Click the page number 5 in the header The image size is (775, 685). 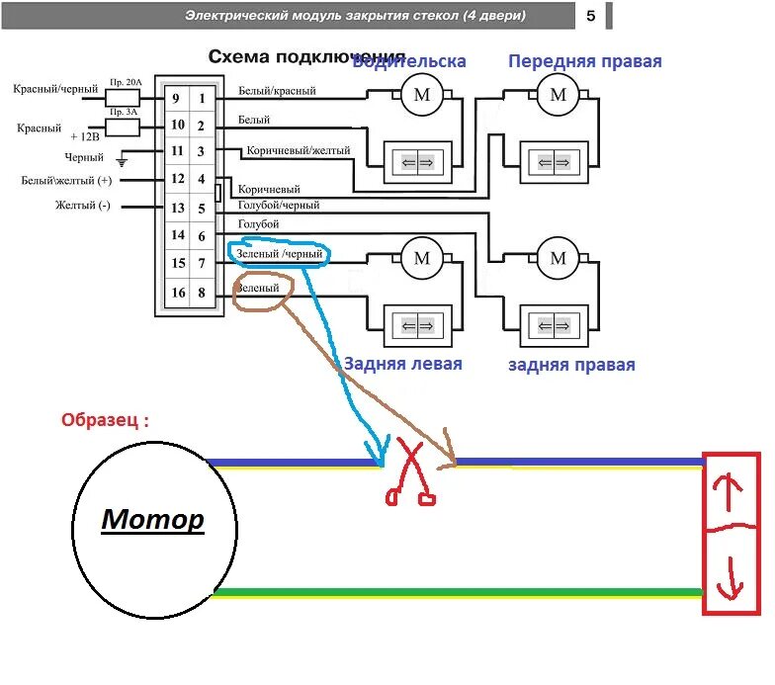590,16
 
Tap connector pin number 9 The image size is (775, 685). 177,98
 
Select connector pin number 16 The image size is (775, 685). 177,292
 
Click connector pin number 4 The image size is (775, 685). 201,180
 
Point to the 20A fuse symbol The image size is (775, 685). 122,98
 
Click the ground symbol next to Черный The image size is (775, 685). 124,158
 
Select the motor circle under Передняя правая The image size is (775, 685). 559,94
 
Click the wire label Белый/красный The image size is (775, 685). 277,91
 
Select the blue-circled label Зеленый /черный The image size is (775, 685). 279,254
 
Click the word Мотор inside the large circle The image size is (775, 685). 153,518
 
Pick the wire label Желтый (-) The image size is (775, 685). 83,206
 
